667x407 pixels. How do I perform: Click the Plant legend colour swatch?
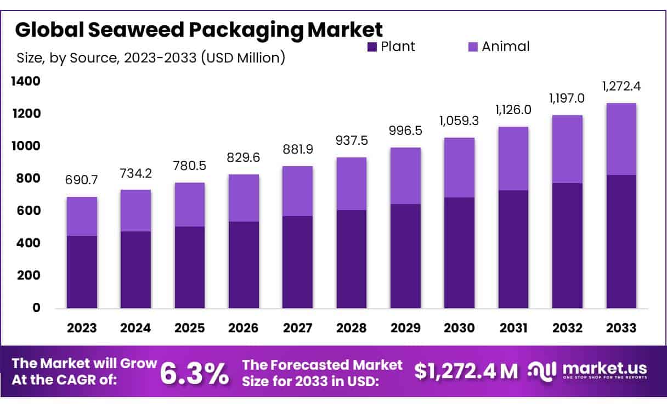[x=372, y=47]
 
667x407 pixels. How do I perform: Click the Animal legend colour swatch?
[x=473, y=47]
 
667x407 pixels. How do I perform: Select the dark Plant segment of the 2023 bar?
[x=82, y=272]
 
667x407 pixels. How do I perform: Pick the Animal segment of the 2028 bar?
[x=352, y=184]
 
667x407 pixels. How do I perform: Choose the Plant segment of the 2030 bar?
[x=459, y=253]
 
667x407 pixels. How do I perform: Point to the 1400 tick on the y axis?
[x=25, y=82]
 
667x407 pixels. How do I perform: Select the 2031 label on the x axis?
[x=513, y=328]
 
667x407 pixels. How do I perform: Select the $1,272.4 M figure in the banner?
[x=466, y=371]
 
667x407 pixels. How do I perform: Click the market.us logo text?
[x=603, y=368]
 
